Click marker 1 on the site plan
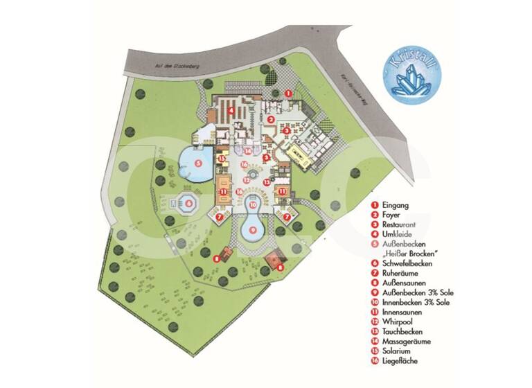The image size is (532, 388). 289,93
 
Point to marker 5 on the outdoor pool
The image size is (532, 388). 198,164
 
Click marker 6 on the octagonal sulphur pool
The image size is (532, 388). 188,204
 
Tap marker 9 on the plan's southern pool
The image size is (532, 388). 253,229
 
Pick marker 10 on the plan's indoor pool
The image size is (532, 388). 253,205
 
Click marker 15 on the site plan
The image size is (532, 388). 222,158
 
